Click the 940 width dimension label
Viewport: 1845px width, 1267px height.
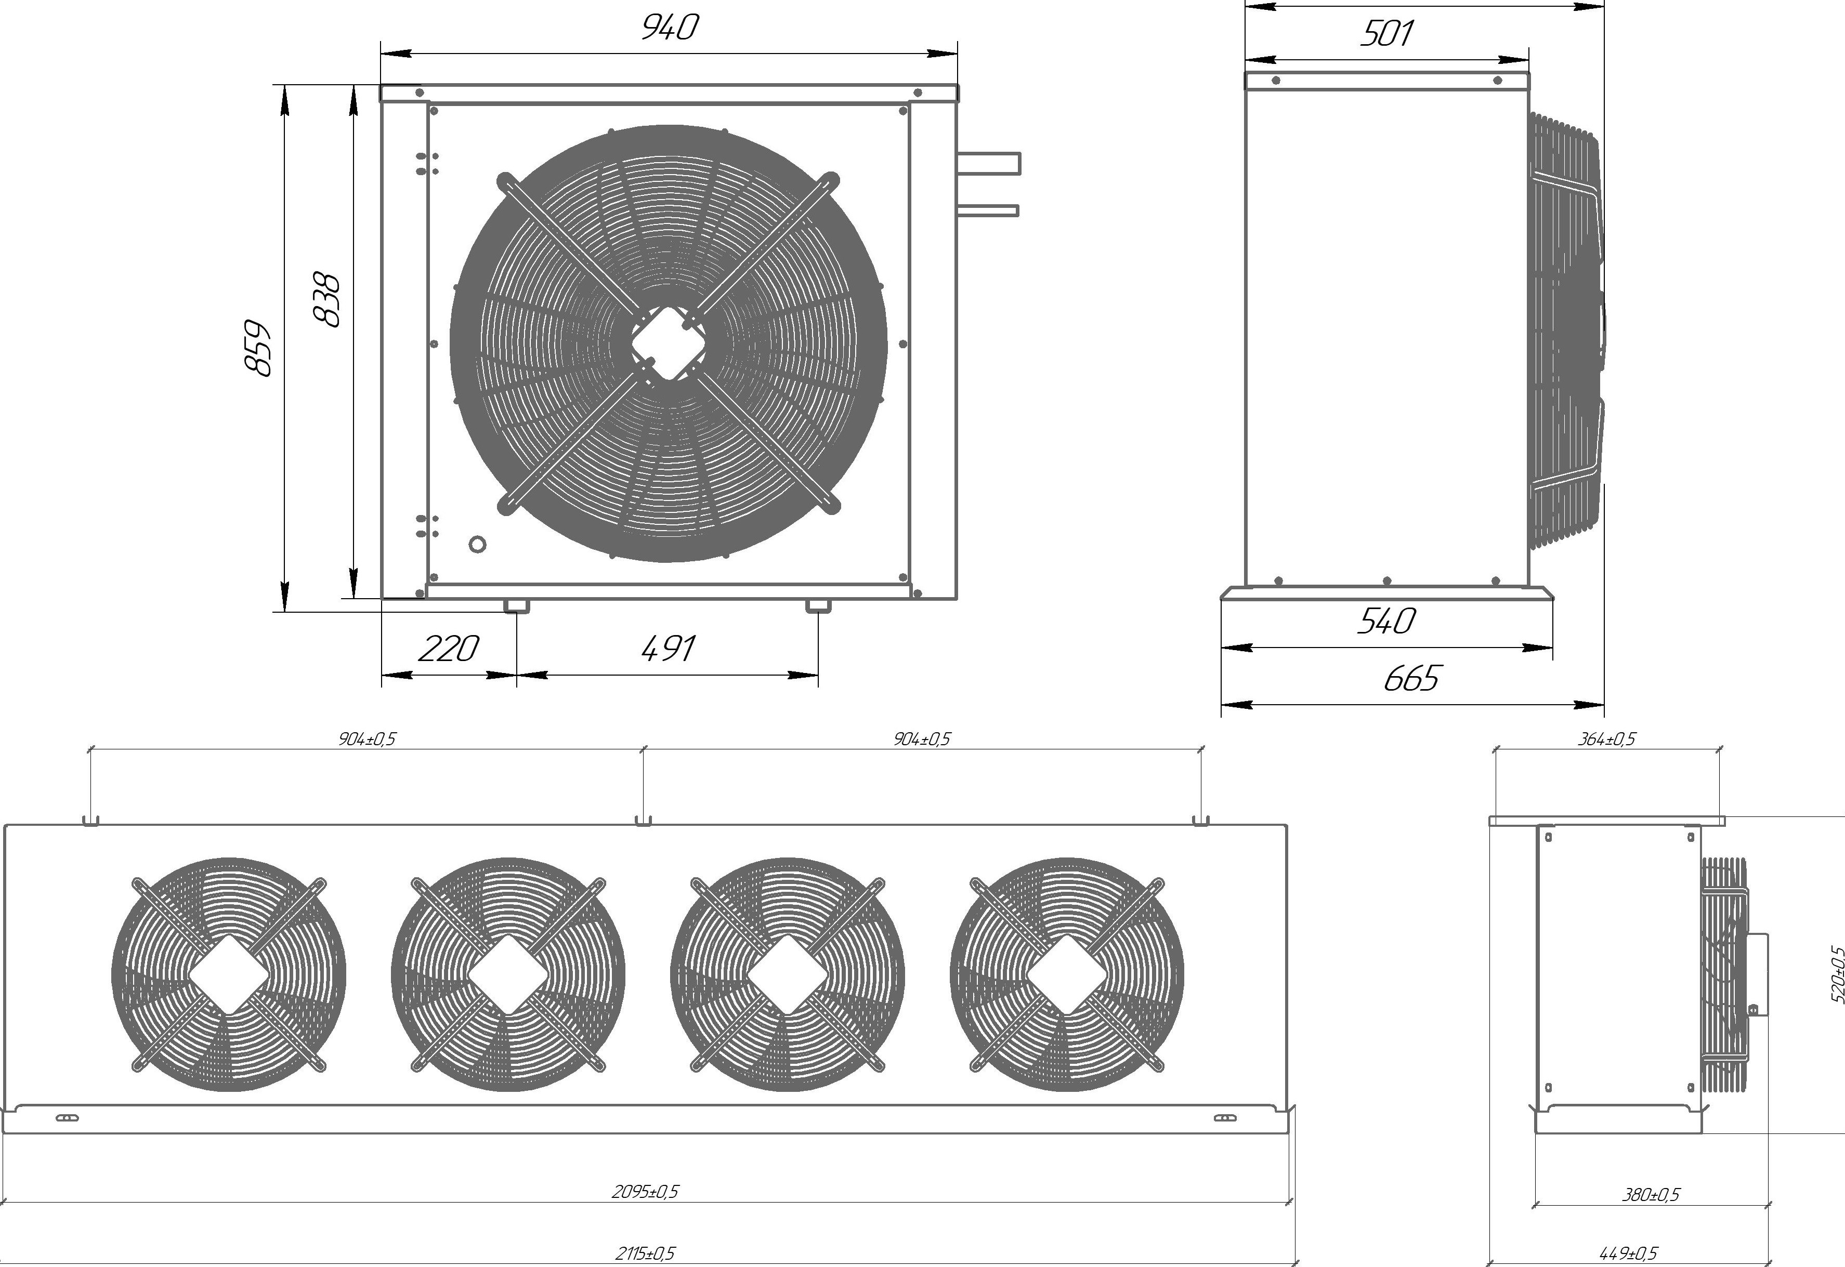tap(669, 27)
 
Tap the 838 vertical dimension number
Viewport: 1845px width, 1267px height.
tap(326, 299)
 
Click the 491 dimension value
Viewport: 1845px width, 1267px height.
tap(668, 649)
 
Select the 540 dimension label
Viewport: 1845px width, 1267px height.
tap(1385, 621)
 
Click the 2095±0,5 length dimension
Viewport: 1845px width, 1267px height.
tap(645, 1191)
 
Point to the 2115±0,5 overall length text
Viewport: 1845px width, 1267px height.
tap(645, 1253)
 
